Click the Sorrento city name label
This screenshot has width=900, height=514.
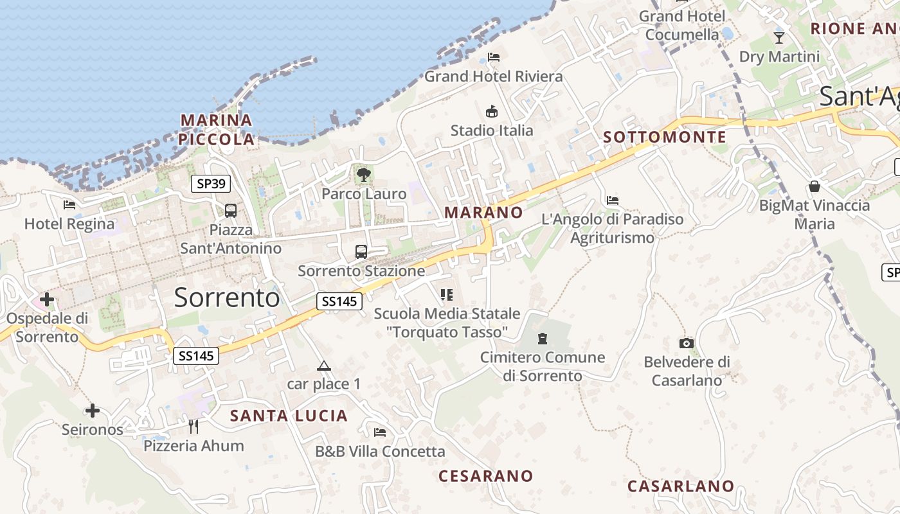[x=227, y=297]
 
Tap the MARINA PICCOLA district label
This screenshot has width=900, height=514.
[x=216, y=129]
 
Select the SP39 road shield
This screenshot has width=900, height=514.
[x=211, y=184]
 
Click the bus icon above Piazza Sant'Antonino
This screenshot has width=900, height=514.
[x=230, y=210]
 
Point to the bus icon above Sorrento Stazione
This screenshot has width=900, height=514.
[x=361, y=251]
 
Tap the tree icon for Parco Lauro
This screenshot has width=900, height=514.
[x=363, y=173]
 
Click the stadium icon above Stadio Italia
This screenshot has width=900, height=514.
[x=492, y=111]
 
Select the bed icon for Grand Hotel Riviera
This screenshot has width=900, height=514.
[x=494, y=57]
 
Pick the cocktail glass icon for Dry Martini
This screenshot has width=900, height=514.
[x=779, y=37]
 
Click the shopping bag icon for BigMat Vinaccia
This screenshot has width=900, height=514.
[x=815, y=186]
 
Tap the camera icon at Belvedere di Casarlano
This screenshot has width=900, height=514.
[x=687, y=343]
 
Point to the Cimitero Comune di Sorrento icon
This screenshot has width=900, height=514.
[x=543, y=338]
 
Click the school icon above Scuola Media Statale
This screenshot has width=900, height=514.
[x=447, y=295]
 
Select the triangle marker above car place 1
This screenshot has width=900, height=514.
[x=323, y=366]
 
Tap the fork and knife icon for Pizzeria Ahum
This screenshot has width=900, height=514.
[x=194, y=426]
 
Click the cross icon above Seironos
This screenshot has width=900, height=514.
[x=93, y=410]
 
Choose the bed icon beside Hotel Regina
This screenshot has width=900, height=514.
[x=69, y=205]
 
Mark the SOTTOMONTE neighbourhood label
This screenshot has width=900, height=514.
[x=665, y=137]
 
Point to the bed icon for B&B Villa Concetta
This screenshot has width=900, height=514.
[x=380, y=432]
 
